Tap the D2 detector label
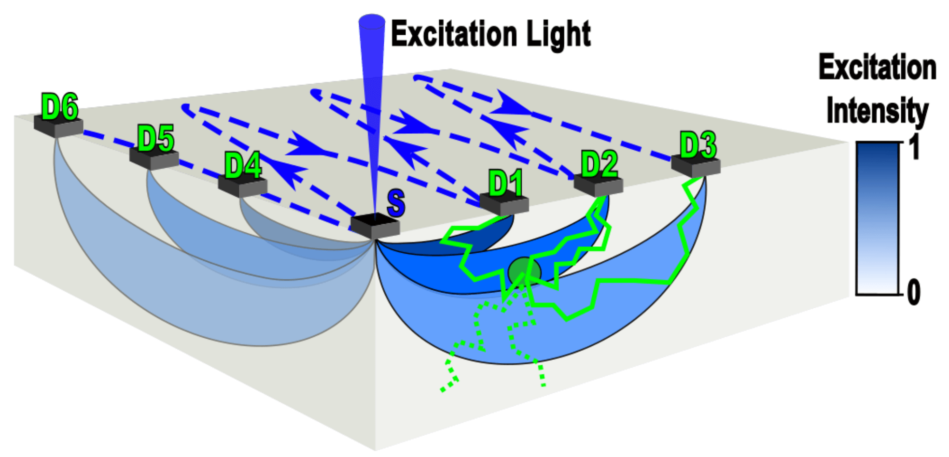click(599, 164)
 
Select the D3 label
click(698, 144)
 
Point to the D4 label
click(243, 166)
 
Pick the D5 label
click(155, 139)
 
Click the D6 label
click(60, 107)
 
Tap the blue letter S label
click(396, 203)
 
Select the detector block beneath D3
click(696, 166)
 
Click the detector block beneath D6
click(58, 125)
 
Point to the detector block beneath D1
click(504, 203)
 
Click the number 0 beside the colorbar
click(913, 292)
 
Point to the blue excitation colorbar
click(878, 218)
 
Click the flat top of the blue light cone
click(372, 20)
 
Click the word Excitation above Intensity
click(877, 68)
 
